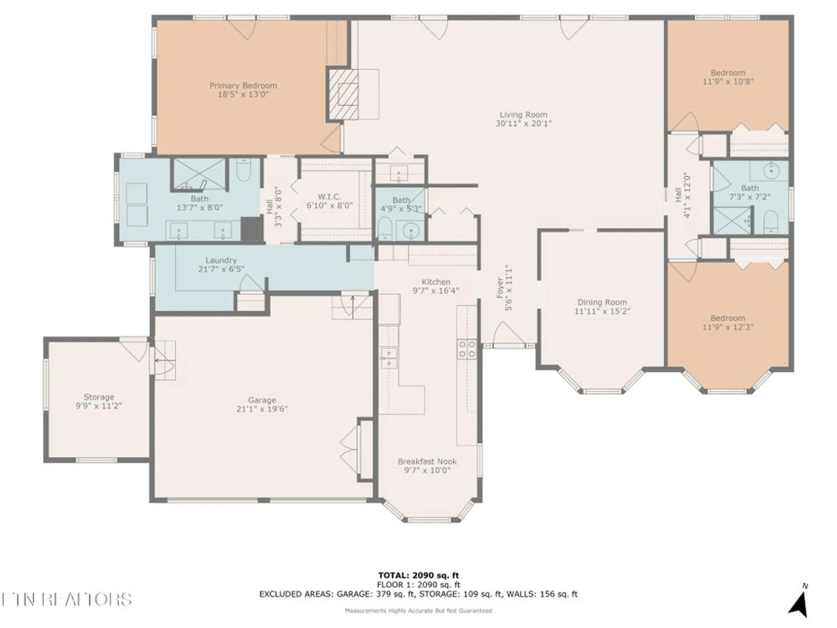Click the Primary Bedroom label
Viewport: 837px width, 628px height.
click(243, 85)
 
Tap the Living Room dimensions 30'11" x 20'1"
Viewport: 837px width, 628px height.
click(524, 124)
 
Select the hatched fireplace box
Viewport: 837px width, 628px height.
click(344, 94)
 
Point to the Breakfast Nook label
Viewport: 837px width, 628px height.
click(427, 461)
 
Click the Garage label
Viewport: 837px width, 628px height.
click(262, 400)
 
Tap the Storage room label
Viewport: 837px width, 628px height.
click(99, 397)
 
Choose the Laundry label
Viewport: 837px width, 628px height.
click(221, 260)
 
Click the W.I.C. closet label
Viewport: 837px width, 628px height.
click(329, 196)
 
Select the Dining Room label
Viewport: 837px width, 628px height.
click(602, 302)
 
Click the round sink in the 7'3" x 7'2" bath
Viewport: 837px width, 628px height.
click(771, 171)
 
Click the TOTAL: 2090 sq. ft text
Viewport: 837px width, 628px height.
click(418, 575)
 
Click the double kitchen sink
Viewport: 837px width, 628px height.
click(388, 358)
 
